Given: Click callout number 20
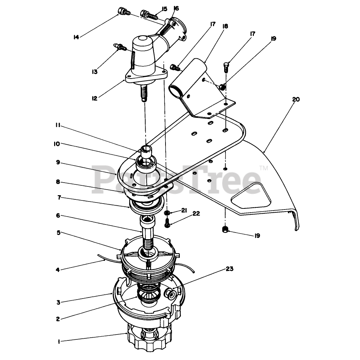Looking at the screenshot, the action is click(296, 100).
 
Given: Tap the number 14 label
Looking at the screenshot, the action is click(76, 37).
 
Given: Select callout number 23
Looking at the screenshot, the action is click(229, 269).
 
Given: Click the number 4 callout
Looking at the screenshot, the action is click(58, 270).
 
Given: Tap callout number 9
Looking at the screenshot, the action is click(58, 162).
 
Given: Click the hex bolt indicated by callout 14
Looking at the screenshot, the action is click(123, 12).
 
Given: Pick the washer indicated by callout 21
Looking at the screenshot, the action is click(167, 213).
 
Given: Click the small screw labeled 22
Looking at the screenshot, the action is click(167, 223).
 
